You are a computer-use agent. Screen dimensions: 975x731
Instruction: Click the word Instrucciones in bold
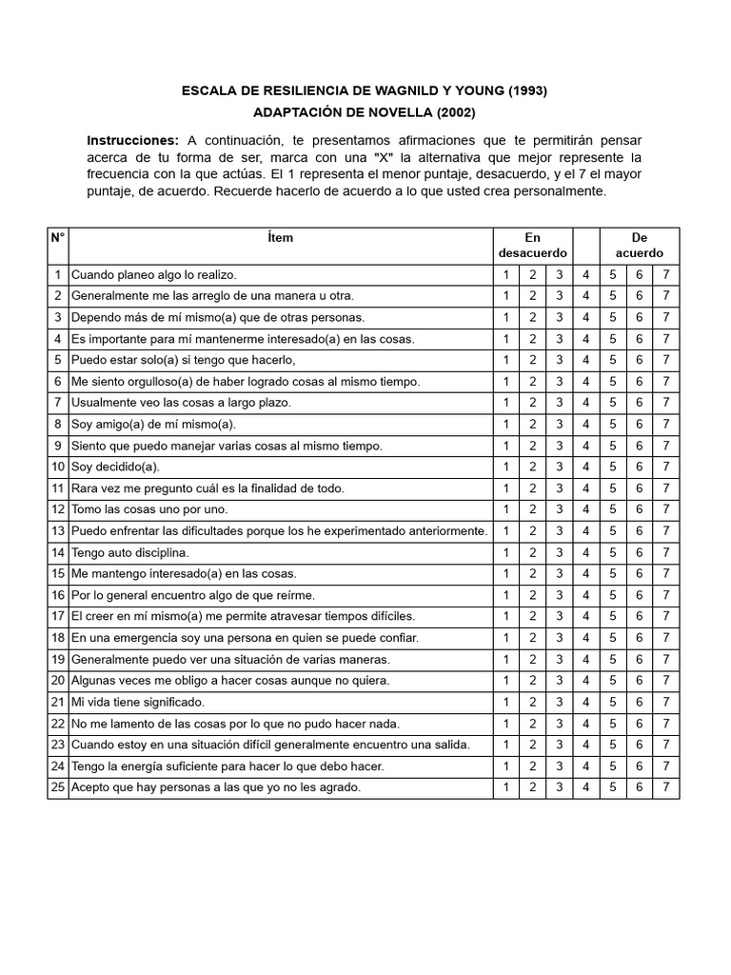(x=132, y=140)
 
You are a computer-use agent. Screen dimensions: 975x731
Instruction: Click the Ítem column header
(x=281, y=238)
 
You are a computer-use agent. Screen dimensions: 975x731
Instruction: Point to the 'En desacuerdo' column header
(x=532, y=246)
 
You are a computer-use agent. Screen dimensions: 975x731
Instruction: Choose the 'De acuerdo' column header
(x=640, y=246)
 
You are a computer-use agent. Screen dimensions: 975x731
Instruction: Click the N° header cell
(x=58, y=238)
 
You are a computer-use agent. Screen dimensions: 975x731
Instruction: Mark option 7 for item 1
(x=666, y=275)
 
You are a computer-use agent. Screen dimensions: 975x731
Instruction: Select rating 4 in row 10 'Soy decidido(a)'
(x=586, y=468)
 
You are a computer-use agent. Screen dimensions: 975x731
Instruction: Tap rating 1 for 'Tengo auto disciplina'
(x=506, y=553)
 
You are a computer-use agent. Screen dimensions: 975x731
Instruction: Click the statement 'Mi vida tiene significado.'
(x=138, y=703)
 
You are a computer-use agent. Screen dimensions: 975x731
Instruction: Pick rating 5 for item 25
(x=613, y=788)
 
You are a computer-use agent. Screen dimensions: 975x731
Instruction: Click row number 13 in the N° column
(x=58, y=531)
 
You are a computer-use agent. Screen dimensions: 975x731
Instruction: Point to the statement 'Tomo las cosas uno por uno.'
(x=149, y=510)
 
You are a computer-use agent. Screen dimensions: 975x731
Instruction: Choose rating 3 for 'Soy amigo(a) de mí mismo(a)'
(x=560, y=425)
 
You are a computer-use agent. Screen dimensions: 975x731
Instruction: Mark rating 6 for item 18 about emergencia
(x=640, y=638)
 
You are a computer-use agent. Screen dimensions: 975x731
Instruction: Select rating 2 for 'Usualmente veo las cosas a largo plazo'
(x=533, y=403)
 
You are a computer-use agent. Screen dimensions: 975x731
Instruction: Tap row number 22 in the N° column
(x=58, y=724)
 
